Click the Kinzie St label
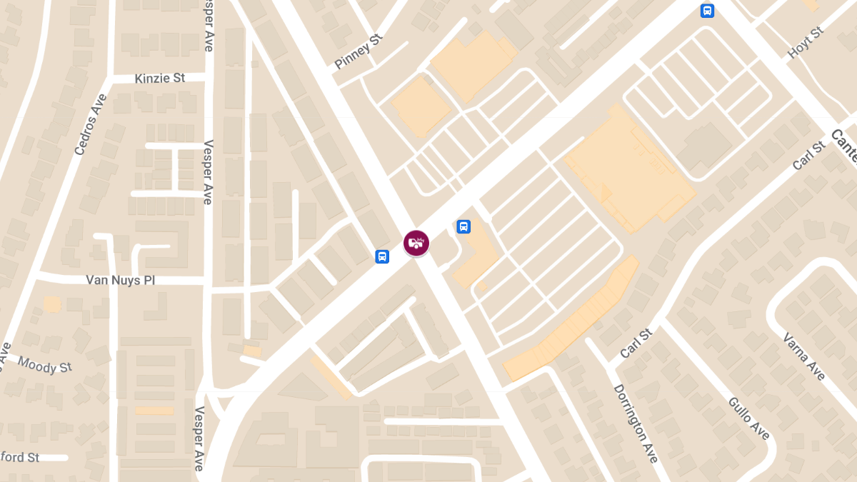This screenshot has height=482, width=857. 159,78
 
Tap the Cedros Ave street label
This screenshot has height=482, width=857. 90,124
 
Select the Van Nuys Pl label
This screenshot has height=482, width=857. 120,281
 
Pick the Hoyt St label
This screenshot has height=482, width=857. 806,43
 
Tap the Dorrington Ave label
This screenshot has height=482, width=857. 636,423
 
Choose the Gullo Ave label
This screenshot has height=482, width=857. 748,418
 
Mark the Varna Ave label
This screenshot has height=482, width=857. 803,356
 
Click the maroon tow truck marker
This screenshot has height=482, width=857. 416,243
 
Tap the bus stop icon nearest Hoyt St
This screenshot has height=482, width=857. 707,11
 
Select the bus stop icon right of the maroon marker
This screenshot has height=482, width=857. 463,227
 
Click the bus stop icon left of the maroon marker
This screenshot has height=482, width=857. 382,256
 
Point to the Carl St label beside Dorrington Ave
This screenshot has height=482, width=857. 636,343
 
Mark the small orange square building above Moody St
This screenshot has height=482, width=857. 51,304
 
